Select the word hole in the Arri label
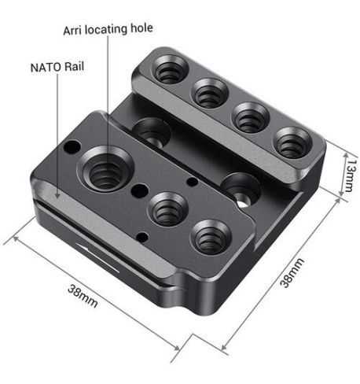141,30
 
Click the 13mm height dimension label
349,177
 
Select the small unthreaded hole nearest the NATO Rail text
72,146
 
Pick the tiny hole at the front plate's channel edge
192,180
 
